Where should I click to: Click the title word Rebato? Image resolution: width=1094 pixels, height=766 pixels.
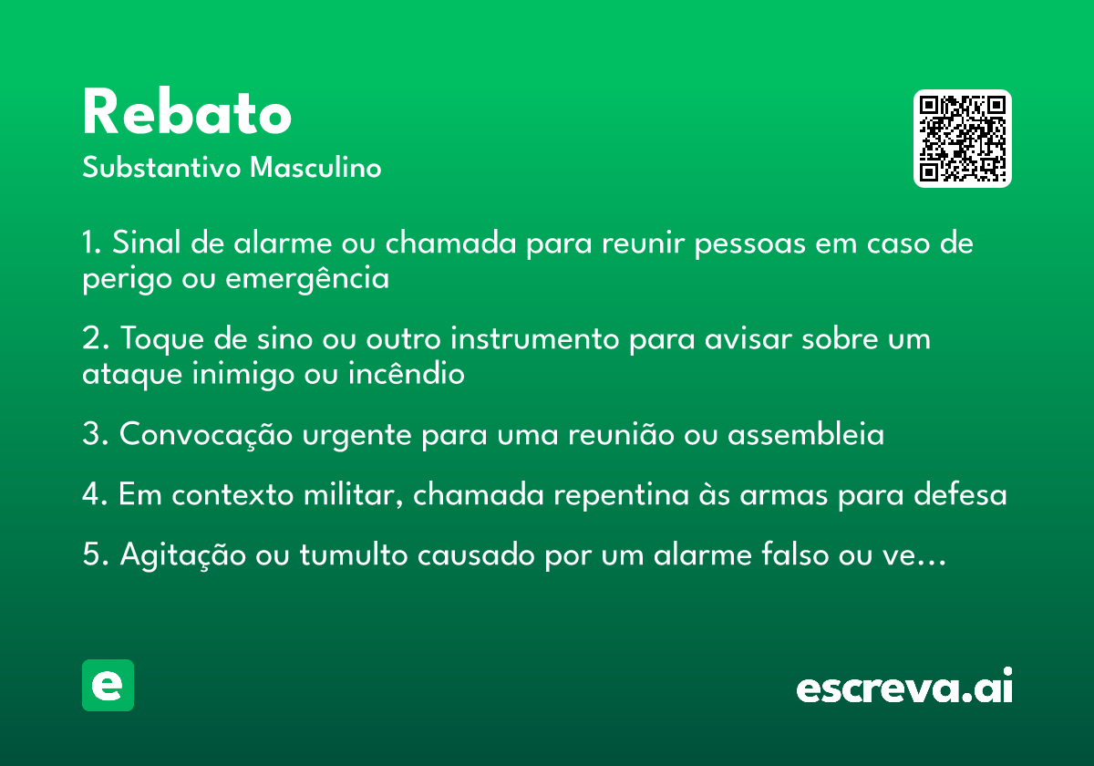click(x=187, y=111)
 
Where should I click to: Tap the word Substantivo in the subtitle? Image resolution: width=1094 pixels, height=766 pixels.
click(x=161, y=167)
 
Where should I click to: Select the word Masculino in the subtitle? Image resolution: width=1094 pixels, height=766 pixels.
click(x=315, y=167)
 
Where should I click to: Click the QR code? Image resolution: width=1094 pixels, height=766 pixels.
click(x=962, y=139)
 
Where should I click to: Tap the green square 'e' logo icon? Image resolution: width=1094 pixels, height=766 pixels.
click(x=108, y=685)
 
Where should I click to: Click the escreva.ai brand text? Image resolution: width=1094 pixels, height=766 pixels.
click(x=904, y=686)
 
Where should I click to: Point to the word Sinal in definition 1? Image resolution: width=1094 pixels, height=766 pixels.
click(x=147, y=242)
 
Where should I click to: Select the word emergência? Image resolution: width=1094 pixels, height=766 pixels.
click(x=307, y=279)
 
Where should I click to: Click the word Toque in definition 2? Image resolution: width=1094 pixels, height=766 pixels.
click(x=161, y=339)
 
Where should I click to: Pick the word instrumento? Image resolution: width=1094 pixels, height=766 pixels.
click(x=535, y=338)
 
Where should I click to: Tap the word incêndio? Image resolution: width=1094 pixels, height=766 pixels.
click(x=407, y=373)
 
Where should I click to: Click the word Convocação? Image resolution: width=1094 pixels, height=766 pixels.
click(x=206, y=434)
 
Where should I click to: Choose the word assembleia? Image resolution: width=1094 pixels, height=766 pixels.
click(x=806, y=433)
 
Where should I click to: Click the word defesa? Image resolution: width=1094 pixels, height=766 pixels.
click(x=960, y=493)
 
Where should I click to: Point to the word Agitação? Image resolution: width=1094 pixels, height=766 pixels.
click(x=183, y=555)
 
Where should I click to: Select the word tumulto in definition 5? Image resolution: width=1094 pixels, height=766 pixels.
click(x=354, y=554)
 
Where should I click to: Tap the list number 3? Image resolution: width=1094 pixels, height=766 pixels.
click(x=94, y=433)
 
